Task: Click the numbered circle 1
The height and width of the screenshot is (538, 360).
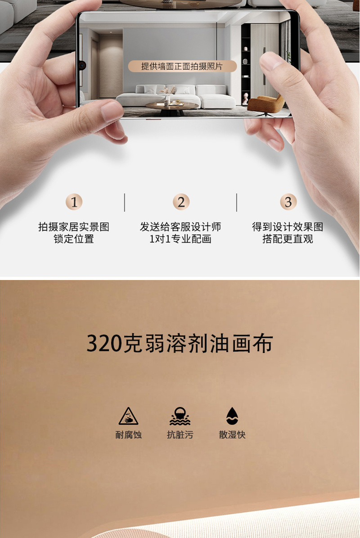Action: (74, 202)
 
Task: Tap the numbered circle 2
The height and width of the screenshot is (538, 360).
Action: (181, 202)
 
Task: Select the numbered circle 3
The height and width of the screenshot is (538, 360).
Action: (288, 202)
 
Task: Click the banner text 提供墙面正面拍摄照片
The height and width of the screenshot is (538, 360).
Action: (182, 66)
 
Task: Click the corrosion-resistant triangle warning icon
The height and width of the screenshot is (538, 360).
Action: (128, 416)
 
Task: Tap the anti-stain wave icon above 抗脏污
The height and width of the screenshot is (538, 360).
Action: (180, 416)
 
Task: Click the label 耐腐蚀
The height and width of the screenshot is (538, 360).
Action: (128, 435)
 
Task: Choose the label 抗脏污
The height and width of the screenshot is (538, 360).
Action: (180, 435)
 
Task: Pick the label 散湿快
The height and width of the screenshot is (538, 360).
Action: (232, 435)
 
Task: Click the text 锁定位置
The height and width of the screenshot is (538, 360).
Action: (74, 239)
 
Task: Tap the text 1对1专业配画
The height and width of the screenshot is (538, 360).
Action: (180, 239)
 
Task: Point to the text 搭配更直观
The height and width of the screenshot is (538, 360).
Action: (288, 239)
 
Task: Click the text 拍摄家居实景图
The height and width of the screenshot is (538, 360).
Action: (74, 227)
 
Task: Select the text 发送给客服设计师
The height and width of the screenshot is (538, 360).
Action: (180, 227)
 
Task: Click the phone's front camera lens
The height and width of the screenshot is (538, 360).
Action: (82, 65)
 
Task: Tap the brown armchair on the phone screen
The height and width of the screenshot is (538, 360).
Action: (265, 104)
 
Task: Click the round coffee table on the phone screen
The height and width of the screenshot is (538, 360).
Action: (171, 107)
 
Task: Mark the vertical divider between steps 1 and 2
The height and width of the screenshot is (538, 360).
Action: (125, 203)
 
